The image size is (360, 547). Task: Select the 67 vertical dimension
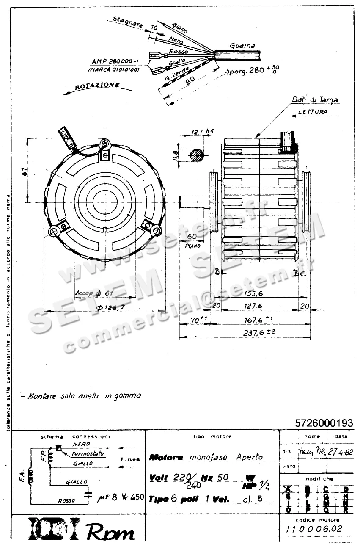point(24,171)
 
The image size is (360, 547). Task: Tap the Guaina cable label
point(242,45)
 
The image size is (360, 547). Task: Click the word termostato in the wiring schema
point(88,453)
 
